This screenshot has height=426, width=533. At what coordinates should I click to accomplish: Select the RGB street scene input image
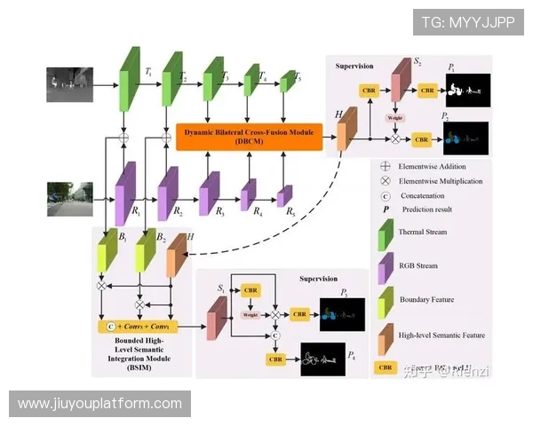[69, 200]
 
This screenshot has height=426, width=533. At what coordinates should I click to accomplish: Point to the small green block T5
[286, 83]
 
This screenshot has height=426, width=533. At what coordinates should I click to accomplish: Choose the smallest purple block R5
[284, 196]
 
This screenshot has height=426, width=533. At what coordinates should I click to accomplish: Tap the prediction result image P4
[323, 359]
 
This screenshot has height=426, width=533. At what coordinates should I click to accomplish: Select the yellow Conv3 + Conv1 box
[145, 326]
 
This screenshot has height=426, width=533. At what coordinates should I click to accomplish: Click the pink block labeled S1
[216, 317]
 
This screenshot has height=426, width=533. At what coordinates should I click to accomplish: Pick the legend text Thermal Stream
[424, 232]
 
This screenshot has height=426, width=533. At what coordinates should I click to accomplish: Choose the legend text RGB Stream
[418, 265]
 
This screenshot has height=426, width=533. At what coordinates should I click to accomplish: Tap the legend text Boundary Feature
[426, 299]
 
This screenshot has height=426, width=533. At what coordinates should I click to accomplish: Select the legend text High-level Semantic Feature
[442, 335]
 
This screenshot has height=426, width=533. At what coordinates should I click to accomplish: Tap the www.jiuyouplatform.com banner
[99, 404]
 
